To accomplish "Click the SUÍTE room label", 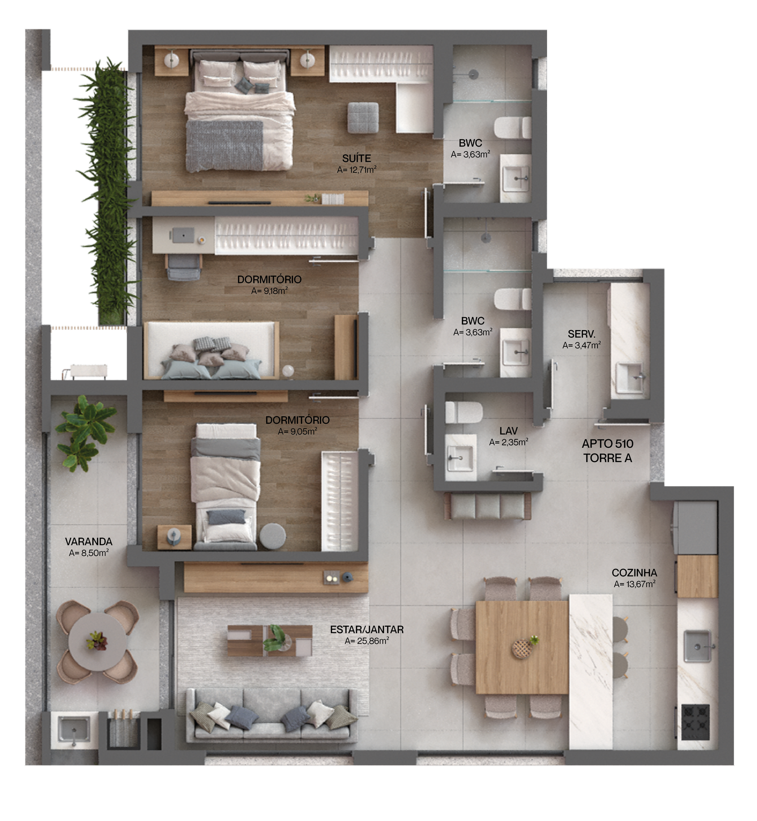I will point(356,158).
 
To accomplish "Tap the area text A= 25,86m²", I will point(367,641).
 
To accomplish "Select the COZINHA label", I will point(634,573).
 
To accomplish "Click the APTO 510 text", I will point(607,444).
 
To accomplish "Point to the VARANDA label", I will point(88,542).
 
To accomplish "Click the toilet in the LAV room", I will point(463,412).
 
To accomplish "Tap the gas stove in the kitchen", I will point(695,722).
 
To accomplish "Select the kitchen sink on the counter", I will point(697,646).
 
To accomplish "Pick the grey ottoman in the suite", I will point(363,117).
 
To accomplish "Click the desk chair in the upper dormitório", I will point(184,268).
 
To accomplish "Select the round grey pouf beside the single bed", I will point(273,536).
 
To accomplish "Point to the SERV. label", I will point(581,334).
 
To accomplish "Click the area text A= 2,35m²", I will point(508,442).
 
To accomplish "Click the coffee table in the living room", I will point(270,640).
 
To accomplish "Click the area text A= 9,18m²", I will point(269,291).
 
